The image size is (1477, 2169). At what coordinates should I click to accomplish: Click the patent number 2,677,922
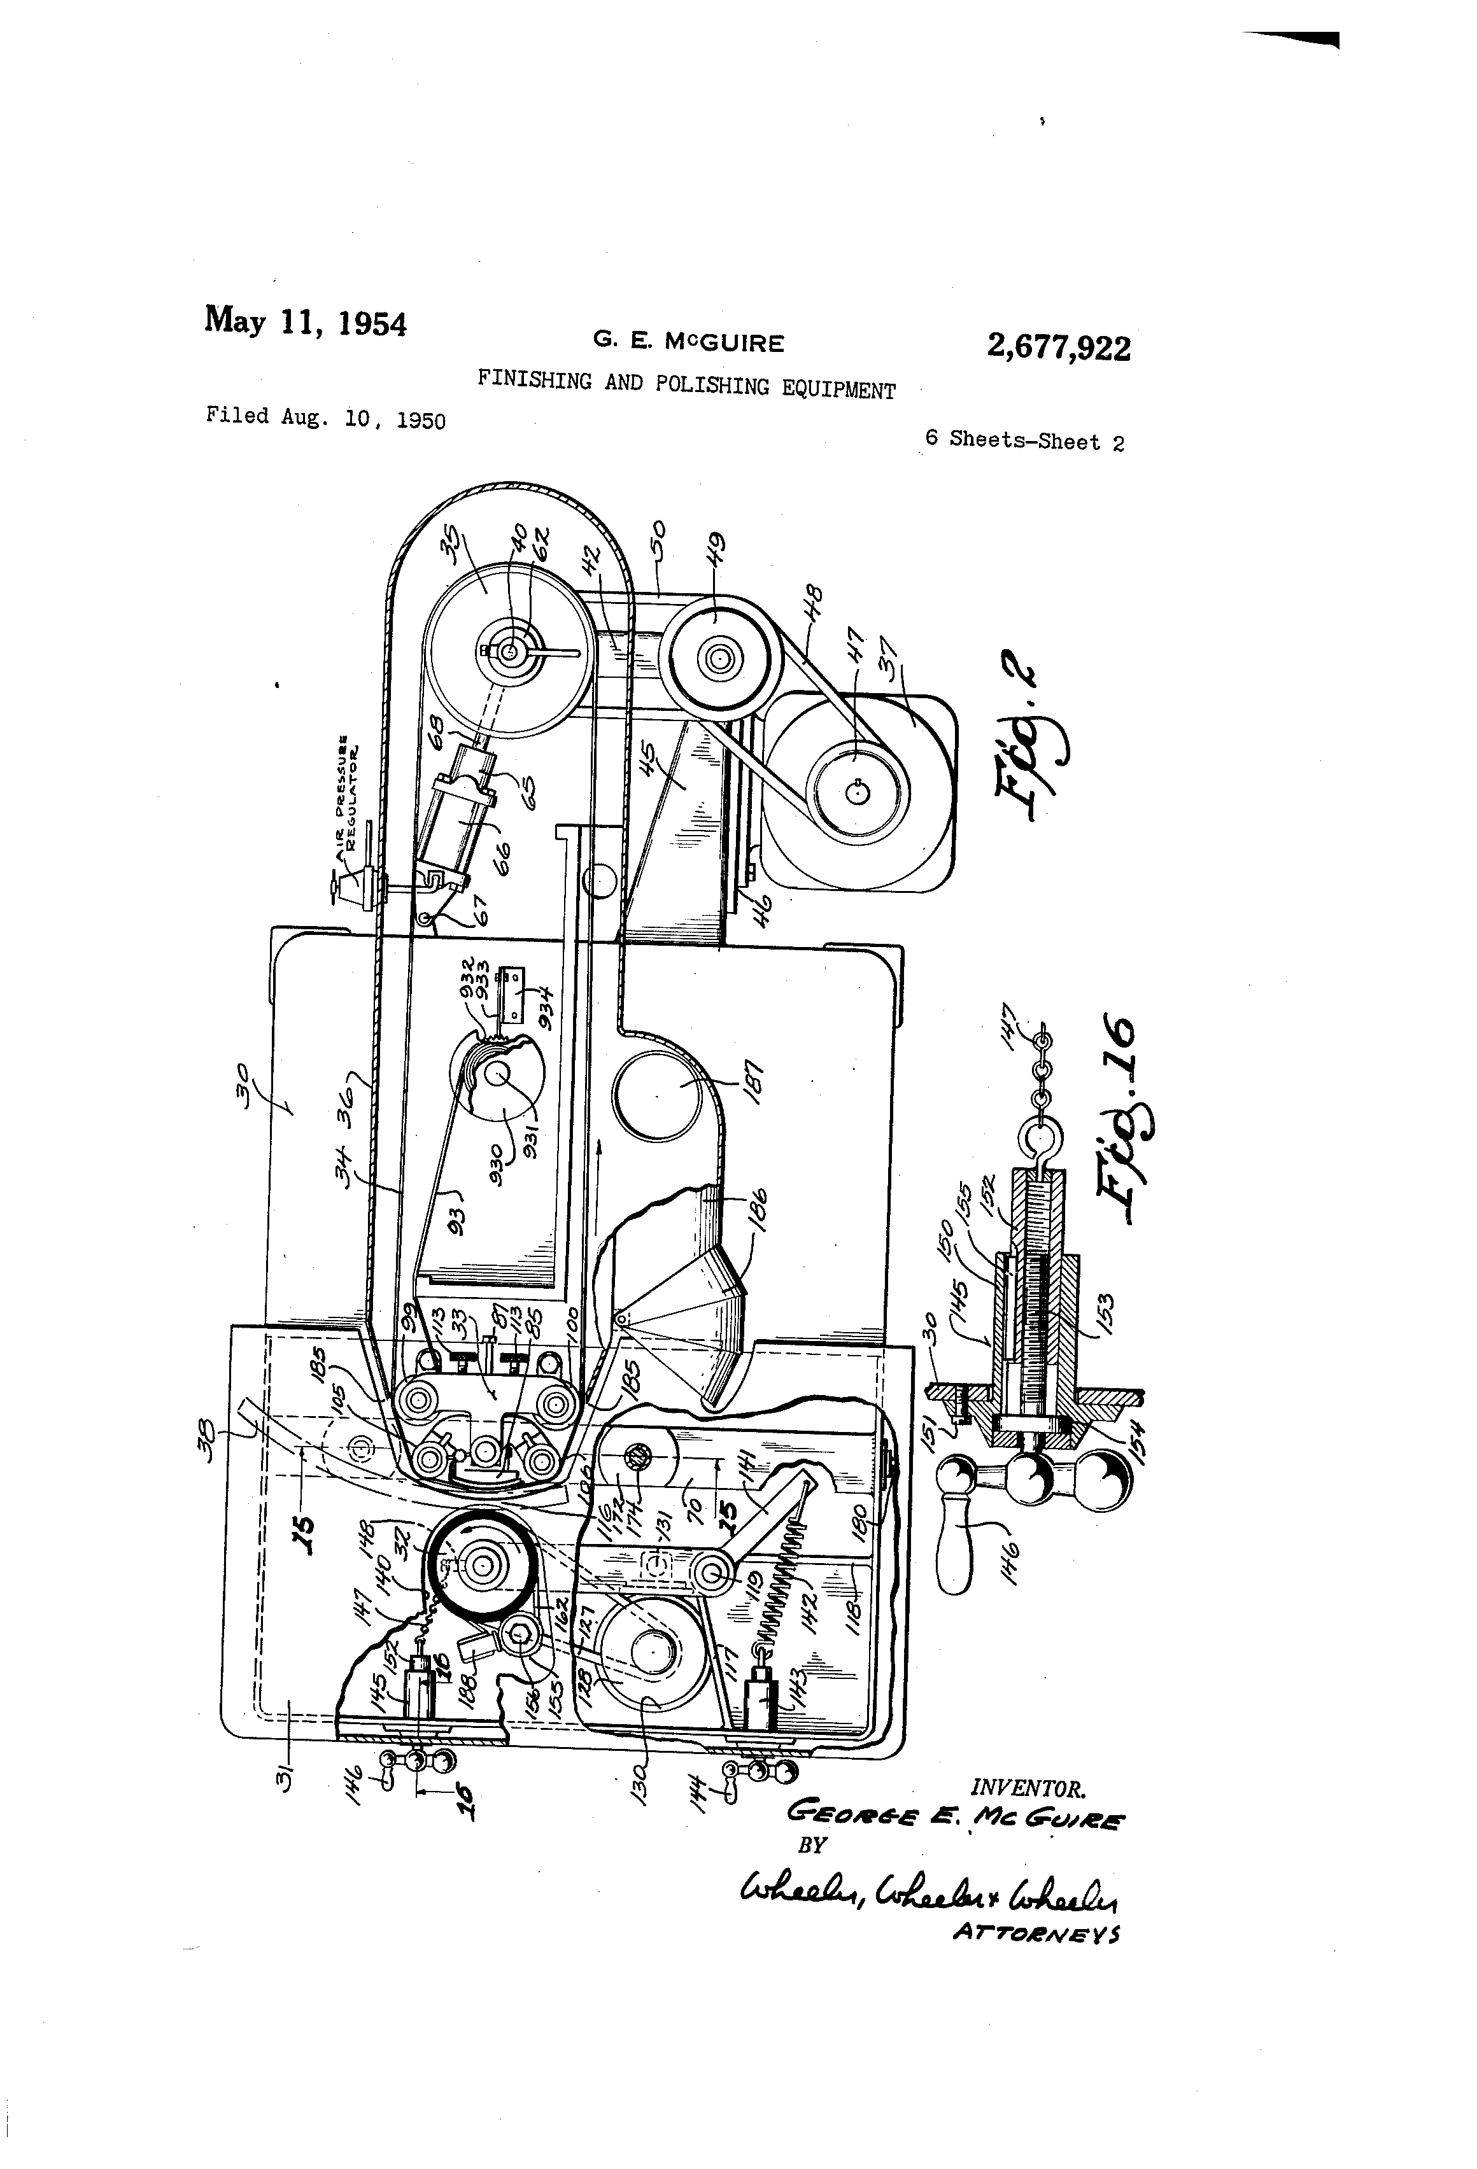coord(1058,348)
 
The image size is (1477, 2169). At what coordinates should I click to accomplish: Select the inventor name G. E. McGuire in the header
coord(688,342)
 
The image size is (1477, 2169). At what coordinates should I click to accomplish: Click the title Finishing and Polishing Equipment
coord(686,384)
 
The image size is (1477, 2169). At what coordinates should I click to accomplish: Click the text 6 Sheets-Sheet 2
coord(1024,440)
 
